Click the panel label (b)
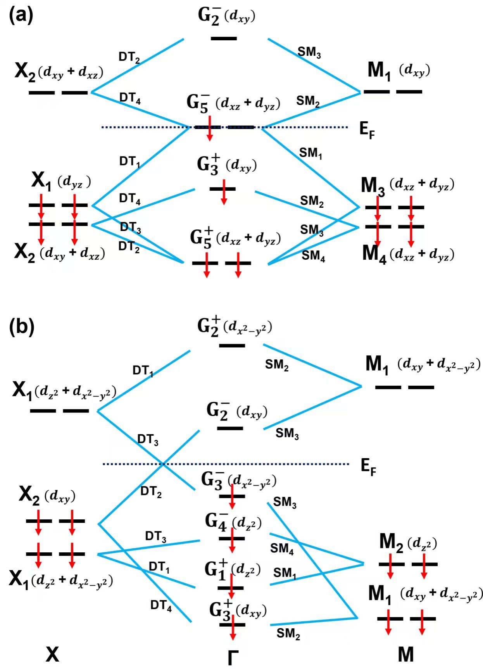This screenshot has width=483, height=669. (22, 327)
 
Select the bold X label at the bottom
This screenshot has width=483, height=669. (52, 654)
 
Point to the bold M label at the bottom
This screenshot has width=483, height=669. (406, 654)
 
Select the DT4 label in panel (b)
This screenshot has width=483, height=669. (161, 605)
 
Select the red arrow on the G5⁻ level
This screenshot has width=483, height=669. (210, 128)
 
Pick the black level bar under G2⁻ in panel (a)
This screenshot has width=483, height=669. (224, 38)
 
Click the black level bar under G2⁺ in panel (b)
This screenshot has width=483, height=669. (232, 345)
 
